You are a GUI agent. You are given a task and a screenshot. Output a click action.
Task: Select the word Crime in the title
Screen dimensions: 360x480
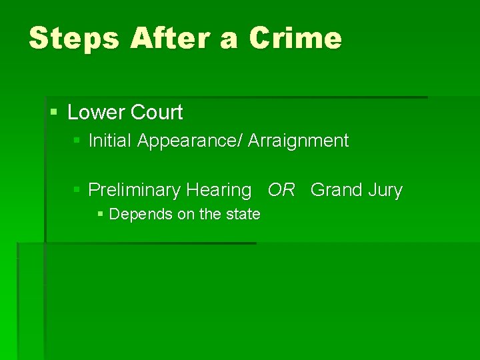(295, 39)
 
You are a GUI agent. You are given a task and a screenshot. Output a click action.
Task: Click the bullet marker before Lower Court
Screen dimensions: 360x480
(54, 112)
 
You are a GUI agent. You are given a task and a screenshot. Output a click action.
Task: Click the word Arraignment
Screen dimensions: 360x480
(298, 141)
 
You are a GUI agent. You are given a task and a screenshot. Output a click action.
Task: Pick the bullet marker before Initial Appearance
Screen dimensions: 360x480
(77, 141)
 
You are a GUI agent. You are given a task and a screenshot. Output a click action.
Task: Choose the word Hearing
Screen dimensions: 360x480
(219, 191)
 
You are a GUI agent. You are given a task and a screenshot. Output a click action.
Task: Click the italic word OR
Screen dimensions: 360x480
(281, 191)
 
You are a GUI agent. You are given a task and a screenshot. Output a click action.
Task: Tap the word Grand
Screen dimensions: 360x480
(335, 191)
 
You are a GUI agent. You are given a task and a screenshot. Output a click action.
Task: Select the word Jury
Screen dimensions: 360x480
(385, 191)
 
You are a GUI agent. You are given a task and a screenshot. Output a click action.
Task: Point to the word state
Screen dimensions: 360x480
(243, 215)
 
